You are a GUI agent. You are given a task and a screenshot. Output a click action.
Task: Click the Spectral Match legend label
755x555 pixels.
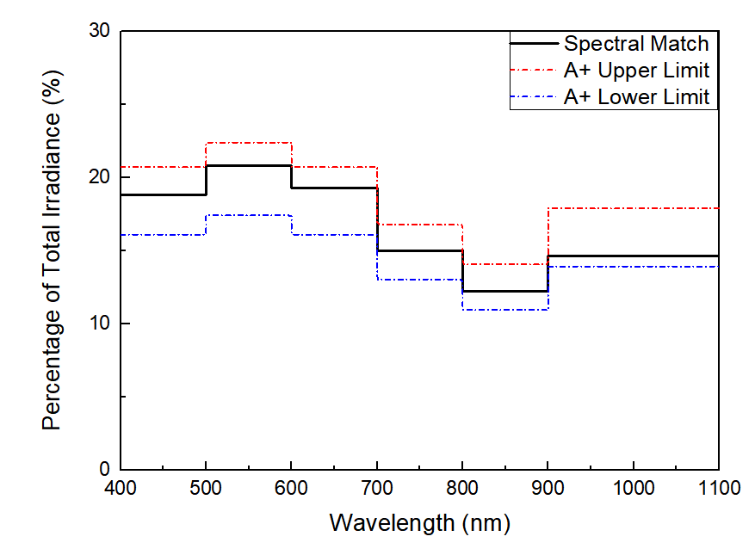[635, 44]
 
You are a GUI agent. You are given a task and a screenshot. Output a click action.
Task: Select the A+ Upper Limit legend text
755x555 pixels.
[636, 70]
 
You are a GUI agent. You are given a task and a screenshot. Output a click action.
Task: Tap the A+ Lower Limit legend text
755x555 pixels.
[636, 96]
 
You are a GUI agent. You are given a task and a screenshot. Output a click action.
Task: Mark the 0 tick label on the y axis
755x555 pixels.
[103, 470]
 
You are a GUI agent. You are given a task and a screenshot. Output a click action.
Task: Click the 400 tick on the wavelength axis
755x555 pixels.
[121, 490]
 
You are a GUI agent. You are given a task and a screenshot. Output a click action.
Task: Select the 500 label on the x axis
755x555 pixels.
[206, 490]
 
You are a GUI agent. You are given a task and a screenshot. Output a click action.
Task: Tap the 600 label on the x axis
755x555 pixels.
[292, 490]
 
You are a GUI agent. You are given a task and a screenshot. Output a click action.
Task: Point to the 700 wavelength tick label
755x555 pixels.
[377, 490]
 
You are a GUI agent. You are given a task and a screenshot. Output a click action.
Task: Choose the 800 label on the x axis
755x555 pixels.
[462, 490]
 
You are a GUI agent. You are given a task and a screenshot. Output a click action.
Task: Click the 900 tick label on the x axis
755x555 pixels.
[548, 490]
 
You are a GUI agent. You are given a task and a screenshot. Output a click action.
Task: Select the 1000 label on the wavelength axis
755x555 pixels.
[634, 490]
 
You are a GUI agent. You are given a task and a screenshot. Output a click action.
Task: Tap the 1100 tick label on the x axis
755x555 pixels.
[719, 490]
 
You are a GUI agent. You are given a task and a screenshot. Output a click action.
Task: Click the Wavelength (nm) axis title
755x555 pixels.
[420, 522]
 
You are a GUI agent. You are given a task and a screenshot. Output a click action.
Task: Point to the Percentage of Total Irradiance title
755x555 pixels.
[53, 250]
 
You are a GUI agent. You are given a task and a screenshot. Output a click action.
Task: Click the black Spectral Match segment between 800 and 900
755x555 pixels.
[505, 291]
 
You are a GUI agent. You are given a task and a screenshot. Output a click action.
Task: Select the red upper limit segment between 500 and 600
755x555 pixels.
[249, 143]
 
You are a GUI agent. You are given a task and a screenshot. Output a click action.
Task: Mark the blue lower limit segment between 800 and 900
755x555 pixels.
[505, 309]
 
